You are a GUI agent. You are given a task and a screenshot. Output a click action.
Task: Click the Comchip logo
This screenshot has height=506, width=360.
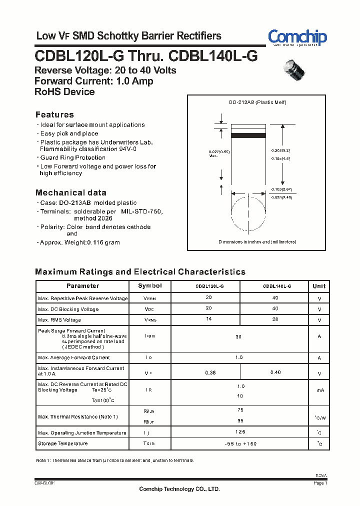(297, 37)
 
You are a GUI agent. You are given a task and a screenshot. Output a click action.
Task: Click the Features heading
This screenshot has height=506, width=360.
(54, 114)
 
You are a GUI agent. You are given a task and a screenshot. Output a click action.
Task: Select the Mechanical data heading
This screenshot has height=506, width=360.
(70, 192)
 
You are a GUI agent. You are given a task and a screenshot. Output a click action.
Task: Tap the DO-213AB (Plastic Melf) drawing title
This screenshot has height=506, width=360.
(257, 102)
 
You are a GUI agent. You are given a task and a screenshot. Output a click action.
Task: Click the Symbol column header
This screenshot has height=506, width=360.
(150, 286)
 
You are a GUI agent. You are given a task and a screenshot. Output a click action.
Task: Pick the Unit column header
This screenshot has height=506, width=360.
(319, 286)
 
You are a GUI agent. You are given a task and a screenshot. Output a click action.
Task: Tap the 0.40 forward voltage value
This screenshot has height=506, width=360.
(275, 372)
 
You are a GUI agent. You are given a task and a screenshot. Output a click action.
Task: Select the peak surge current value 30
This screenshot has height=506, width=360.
(238, 337)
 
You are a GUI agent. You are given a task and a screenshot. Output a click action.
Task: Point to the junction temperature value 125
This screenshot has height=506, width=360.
(240, 431)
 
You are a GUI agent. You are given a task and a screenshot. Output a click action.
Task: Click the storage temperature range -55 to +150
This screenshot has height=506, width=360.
(240, 443)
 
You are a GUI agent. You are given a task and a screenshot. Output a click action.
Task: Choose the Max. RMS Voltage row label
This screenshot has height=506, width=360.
(59, 320)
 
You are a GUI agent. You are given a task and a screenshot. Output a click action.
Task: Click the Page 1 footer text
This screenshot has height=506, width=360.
(320, 483)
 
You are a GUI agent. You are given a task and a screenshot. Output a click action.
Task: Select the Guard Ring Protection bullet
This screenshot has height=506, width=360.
(73, 157)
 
